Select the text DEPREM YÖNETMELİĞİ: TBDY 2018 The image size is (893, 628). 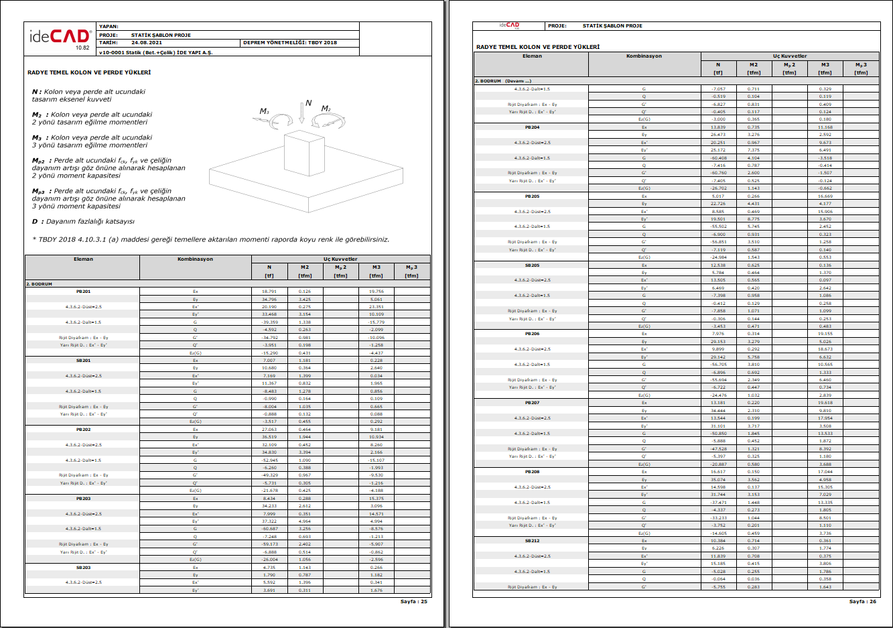click(289, 42)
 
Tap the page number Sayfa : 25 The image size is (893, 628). click(413, 601)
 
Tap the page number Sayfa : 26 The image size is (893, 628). click(862, 601)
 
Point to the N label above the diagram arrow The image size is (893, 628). click(308, 103)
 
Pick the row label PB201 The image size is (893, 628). click(83, 292)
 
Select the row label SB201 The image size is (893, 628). click(83, 361)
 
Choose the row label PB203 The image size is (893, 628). click(83, 499)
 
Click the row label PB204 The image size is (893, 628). click(532, 127)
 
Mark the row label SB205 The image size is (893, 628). click(532, 265)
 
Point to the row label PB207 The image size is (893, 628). click(532, 403)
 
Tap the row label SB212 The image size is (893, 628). click(532, 541)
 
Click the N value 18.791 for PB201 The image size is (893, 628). click(269, 292)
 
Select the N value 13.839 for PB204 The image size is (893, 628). click(717, 127)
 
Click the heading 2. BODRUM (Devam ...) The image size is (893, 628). click(502, 81)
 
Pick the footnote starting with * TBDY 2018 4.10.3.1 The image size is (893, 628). click(210, 239)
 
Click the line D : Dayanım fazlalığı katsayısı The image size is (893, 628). click(83, 221)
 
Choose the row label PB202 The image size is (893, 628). click(83, 430)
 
